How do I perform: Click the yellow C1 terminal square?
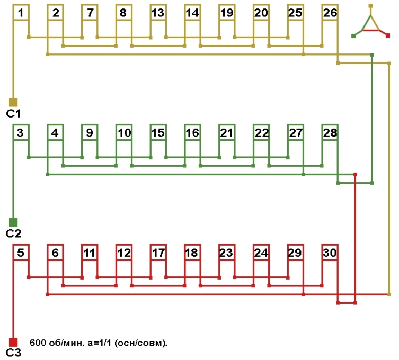(x=14, y=102)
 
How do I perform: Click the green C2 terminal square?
(x=14, y=222)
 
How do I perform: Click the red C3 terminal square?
(x=14, y=342)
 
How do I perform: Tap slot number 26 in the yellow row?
(x=330, y=13)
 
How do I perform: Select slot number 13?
(x=157, y=13)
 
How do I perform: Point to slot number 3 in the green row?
(x=20, y=133)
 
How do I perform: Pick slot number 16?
(x=192, y=133)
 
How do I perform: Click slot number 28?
(x=330, y=133)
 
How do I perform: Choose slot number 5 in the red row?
(x=20, y=253)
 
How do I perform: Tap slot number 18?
(x=192, y=253)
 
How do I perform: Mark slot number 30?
(x=330, y=253)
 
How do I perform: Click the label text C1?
(x=13, y=113)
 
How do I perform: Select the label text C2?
(x=13, y=233)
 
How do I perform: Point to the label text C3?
(x=13, y=353)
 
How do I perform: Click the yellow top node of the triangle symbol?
(x=371, y=6)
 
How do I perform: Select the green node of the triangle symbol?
(x=353, y=35)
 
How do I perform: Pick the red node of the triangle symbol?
(x=388, y=35)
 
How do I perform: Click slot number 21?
(x=226, y=133)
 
